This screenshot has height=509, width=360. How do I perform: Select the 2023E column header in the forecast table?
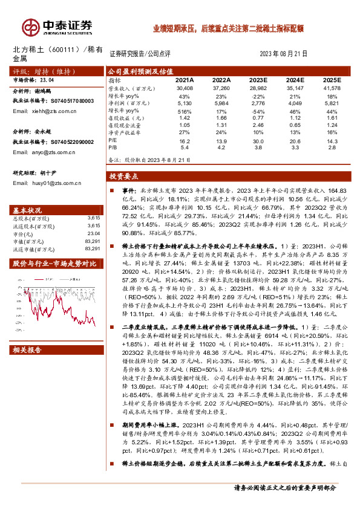point(259,80)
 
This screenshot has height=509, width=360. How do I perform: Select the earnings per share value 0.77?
point(259,119)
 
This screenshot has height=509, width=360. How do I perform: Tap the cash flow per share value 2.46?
point(259,126)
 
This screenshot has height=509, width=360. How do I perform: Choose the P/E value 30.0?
point(259,140)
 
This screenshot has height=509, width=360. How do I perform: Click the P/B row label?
point(113,147)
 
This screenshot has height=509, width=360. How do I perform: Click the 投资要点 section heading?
point(124,177)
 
